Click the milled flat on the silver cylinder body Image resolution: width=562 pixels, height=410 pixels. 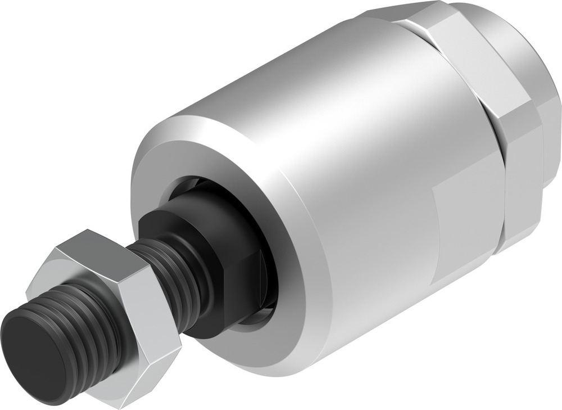[466, 225]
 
